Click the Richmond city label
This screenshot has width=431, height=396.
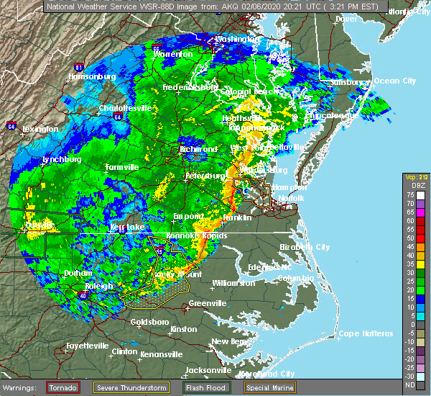(199, 149)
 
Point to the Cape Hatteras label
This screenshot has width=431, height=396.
(366, 333)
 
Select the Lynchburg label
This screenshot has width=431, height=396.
(60, 159)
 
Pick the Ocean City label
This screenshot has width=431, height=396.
(394, 81)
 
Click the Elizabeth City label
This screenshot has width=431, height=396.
(304, 247)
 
